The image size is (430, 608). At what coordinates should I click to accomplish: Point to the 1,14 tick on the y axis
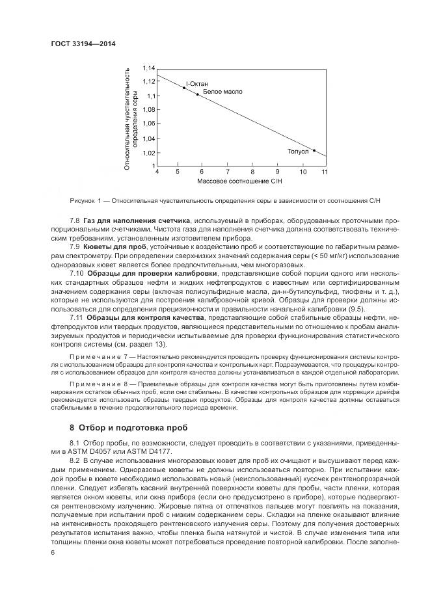coord(148,68)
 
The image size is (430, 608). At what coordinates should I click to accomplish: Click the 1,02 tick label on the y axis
coord(148,153)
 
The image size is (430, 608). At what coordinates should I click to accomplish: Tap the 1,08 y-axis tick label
coord(148,110)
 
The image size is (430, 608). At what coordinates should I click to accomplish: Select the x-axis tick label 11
coord(324,171)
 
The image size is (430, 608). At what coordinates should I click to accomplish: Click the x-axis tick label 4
coord(157,171)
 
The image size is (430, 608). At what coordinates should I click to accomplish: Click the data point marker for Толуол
coord(314,150)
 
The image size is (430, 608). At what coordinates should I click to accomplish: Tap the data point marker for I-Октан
coord(184,87)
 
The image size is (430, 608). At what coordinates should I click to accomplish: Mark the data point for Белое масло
coord(198,94)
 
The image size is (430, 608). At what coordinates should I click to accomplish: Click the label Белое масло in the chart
coord(222,92)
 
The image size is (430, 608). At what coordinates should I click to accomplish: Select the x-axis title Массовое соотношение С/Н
coord(240,181)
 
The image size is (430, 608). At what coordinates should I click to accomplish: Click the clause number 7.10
coord(77,272)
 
